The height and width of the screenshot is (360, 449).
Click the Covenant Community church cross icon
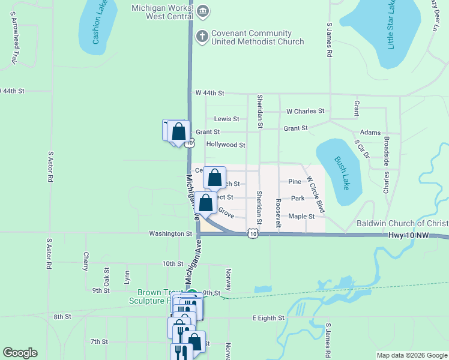pos(202,37)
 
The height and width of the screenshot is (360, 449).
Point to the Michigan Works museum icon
pos(202,10)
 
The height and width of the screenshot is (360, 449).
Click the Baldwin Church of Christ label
pos(402,223)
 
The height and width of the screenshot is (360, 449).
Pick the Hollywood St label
pos(225,145)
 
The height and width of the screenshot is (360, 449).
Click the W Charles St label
pos(305,111)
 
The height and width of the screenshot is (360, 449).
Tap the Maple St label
pos(302,216)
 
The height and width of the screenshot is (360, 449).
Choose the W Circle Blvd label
pos(315,194)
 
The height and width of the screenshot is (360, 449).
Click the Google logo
pos(20,353)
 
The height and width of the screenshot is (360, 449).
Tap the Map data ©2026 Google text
pos(411,355)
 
